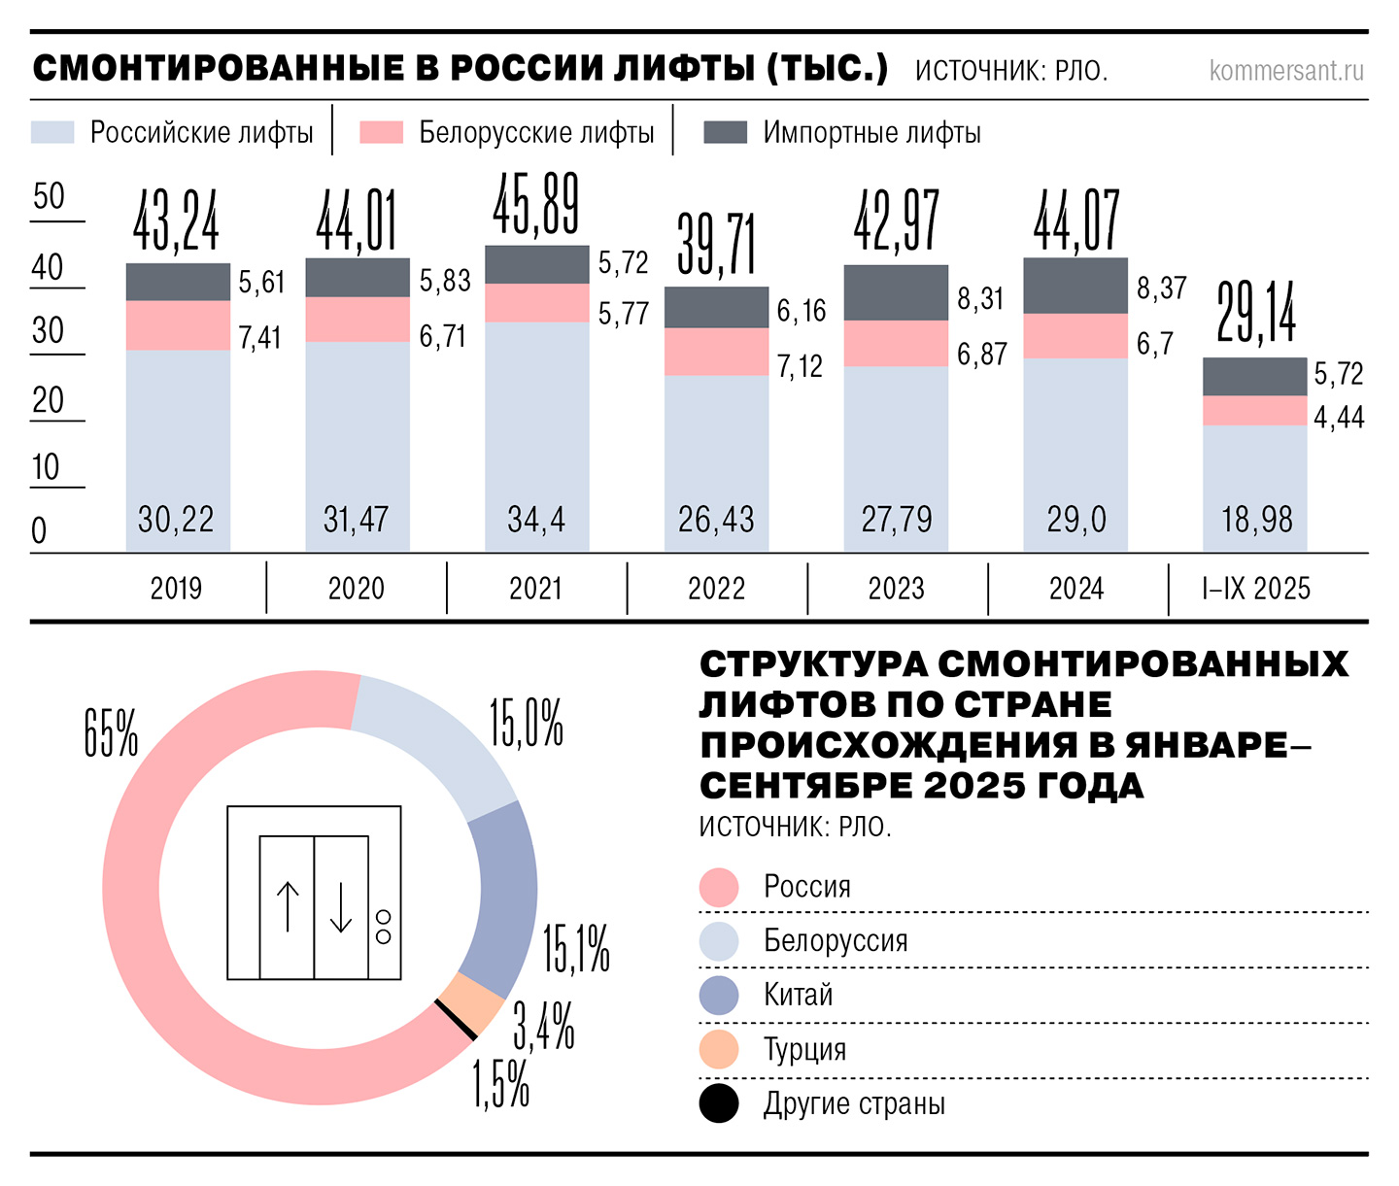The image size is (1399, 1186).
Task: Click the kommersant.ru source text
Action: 1286,71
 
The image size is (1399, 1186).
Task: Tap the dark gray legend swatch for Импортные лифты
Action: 725,132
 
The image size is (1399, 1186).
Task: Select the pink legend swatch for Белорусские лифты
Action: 381,132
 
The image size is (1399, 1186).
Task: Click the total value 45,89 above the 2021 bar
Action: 536,205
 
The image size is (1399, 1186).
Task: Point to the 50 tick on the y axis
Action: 49,197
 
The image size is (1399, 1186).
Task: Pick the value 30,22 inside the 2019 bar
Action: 176,520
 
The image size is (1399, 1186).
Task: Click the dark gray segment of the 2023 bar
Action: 896,292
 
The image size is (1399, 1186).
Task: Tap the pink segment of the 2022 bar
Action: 716,352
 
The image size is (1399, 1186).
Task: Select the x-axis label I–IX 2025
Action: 1256,589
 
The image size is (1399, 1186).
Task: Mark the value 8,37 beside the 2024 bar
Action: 1162,288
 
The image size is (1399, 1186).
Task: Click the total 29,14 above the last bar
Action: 1256,314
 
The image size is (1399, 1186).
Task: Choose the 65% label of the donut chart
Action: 111,733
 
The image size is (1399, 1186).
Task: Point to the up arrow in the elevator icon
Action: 288,906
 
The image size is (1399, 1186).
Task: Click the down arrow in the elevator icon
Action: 341,906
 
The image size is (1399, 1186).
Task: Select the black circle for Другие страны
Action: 719,1104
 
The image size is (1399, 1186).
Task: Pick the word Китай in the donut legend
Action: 799,996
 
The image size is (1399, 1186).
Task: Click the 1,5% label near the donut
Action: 501,1085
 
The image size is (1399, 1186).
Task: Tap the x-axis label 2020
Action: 357,589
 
